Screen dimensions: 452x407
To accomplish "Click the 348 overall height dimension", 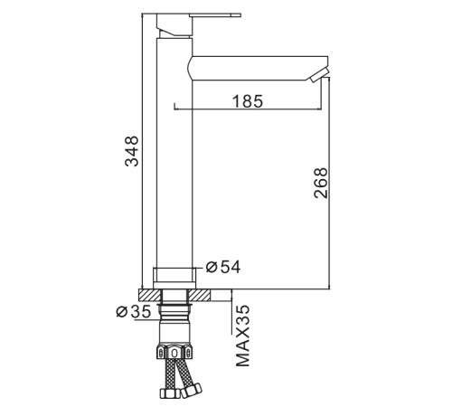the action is tap(132, 151).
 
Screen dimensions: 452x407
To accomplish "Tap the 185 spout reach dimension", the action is tap(248, 101).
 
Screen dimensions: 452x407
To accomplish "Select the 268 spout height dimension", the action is tap(320, 183).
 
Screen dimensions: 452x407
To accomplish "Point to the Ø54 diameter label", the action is tap(223, 267).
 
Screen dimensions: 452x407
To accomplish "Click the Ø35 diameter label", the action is tap(133, 311).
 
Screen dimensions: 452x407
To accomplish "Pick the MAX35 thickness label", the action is tap(243, 336).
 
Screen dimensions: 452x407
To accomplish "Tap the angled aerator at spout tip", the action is tap(318, 74).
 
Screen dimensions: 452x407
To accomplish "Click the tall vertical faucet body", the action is tap(174, 153).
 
